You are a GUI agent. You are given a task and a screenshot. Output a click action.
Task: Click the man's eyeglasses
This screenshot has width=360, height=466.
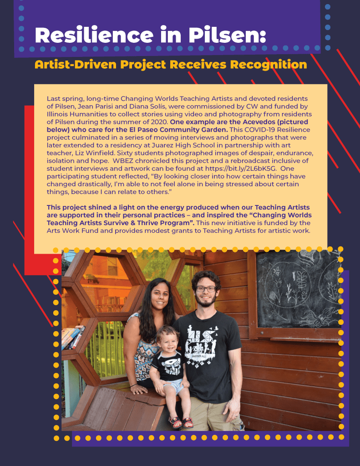pos(206,289)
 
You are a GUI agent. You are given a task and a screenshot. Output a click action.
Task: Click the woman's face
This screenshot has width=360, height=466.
pos(153,295)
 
